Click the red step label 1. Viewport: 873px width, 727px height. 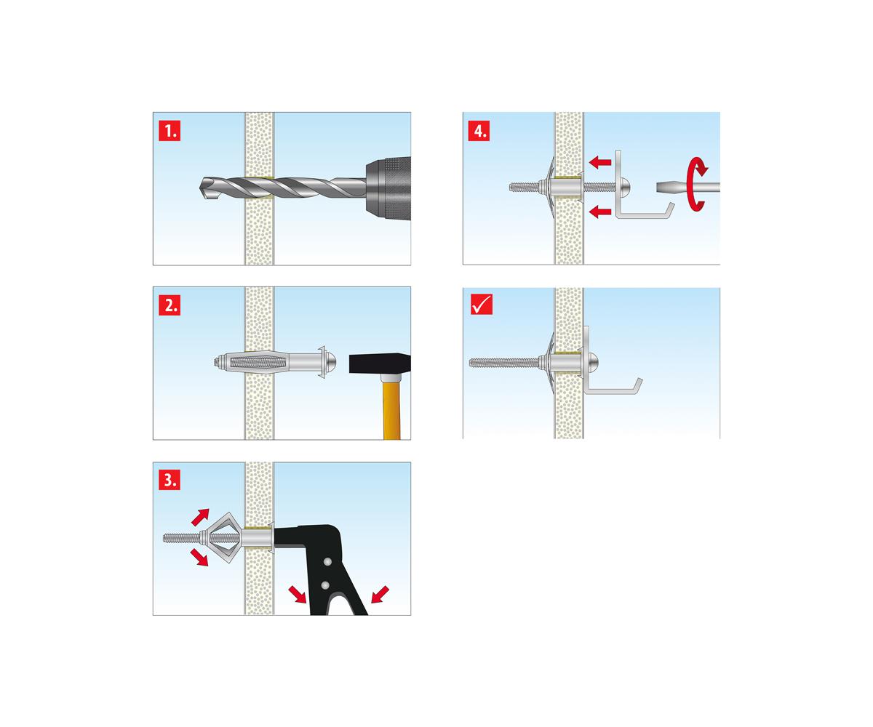(x=170, y=131)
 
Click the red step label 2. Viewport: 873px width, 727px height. (x=170, y=305)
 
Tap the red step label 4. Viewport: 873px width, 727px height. (x=479, y=131)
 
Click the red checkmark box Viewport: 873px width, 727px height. (x=482, y=304)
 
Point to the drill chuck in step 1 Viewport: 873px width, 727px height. (x=388, y=188)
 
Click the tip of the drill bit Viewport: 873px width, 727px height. (x=201, y=186)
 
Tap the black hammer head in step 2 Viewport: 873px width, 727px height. (x=379, y=363)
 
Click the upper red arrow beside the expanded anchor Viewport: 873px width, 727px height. (x=200, y=517)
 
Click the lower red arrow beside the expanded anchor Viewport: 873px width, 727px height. (x=199, y=558)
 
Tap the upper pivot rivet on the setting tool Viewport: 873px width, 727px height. (x=328, y=562)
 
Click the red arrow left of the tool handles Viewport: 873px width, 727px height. (x=298, y=595)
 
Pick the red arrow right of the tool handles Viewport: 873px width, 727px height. (x=380, y=595)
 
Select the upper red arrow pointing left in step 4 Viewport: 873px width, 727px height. (x=600, y=162)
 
